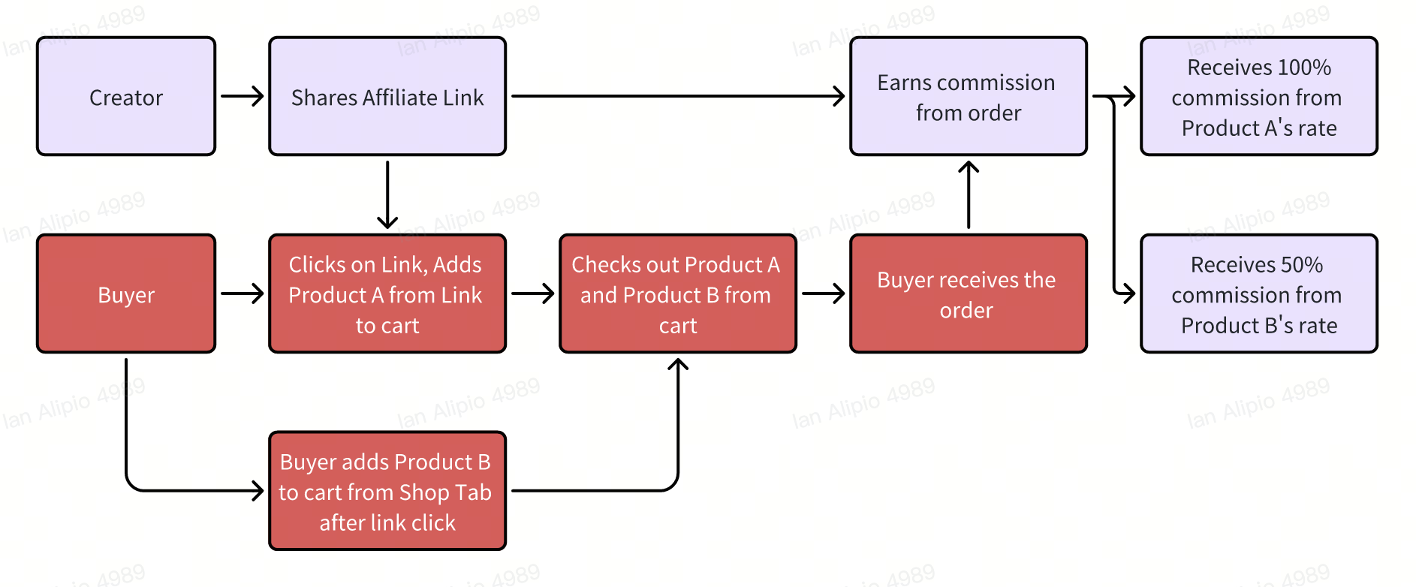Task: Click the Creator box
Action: (126, 97)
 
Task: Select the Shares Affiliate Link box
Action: (387, 97)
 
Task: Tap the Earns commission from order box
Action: (968, 97)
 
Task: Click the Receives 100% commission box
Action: (1258, 97)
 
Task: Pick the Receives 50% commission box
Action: (1258, 293)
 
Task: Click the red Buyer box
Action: (126, 293)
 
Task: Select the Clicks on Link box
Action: (387, 293)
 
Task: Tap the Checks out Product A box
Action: (677, 293)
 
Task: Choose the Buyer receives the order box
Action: (968, 293)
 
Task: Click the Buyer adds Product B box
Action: (387, 491)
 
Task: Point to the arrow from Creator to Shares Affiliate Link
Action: (242, 96)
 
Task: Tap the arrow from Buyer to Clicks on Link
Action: (242, 293)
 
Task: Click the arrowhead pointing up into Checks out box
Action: (678, 365)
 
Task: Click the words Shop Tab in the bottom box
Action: (445, 492)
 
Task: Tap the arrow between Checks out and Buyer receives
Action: (823, 293)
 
